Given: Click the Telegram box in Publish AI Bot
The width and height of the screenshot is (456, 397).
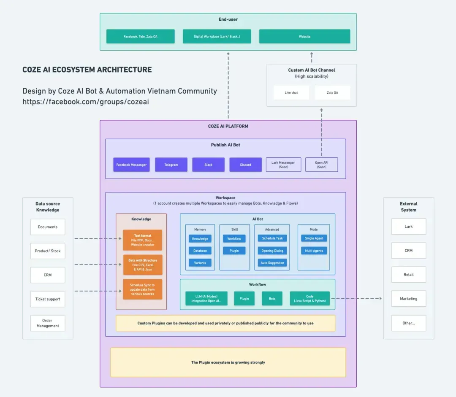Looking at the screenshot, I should click(x=171, y=165).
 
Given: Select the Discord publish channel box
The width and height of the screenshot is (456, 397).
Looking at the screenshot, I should click(x=245, y=165).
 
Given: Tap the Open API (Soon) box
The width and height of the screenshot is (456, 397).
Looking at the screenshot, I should click(x=321, y=165).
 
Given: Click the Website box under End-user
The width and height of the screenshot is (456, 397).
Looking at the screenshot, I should click(x=304, y=36).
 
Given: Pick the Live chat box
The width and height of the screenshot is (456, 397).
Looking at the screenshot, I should click(x=291, y=92).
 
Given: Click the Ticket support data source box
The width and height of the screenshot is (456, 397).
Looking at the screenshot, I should click(x=48, y=299).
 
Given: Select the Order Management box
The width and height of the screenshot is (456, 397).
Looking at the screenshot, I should click(x=48, y=323).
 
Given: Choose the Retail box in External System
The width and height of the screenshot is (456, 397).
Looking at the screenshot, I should click(x=408, y=275).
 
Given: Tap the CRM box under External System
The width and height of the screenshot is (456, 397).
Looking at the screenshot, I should click(x=408, y=251).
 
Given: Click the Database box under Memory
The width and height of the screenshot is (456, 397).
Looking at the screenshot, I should click(x=200, y=251).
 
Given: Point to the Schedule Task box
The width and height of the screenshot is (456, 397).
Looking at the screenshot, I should click(x=272, y=238).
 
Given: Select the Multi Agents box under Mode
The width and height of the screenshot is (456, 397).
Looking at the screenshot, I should click(x=314, y=251).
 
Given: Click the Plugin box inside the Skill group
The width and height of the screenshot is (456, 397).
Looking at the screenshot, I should click(x=234, y=251).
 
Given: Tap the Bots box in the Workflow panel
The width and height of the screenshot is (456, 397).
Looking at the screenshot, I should click(x=272, y=299).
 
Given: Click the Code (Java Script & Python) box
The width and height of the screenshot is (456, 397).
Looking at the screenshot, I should click(x=309, y=299).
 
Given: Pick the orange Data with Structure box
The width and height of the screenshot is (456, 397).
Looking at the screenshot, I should click(x=142, y=265).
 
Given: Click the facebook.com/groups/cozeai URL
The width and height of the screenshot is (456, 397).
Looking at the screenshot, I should click(x=86, y=102).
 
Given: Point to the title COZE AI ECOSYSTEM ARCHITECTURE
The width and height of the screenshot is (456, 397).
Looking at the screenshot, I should click(x=87, y=70).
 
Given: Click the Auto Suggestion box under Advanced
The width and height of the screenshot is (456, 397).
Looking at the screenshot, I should click(x=272, y=263).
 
